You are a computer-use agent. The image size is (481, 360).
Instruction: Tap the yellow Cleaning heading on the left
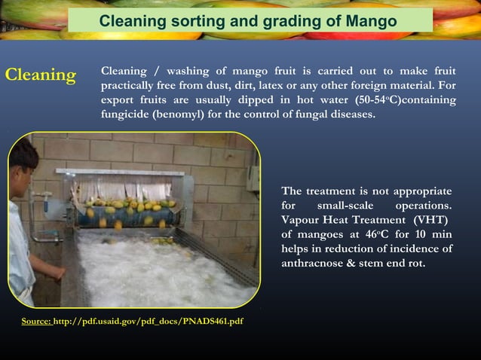tap(41, 75)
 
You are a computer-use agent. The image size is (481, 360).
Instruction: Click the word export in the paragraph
tap(118, 100)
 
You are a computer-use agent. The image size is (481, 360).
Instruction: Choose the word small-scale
tap(343, 205)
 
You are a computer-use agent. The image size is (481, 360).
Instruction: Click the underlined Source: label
tap(35, 322)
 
